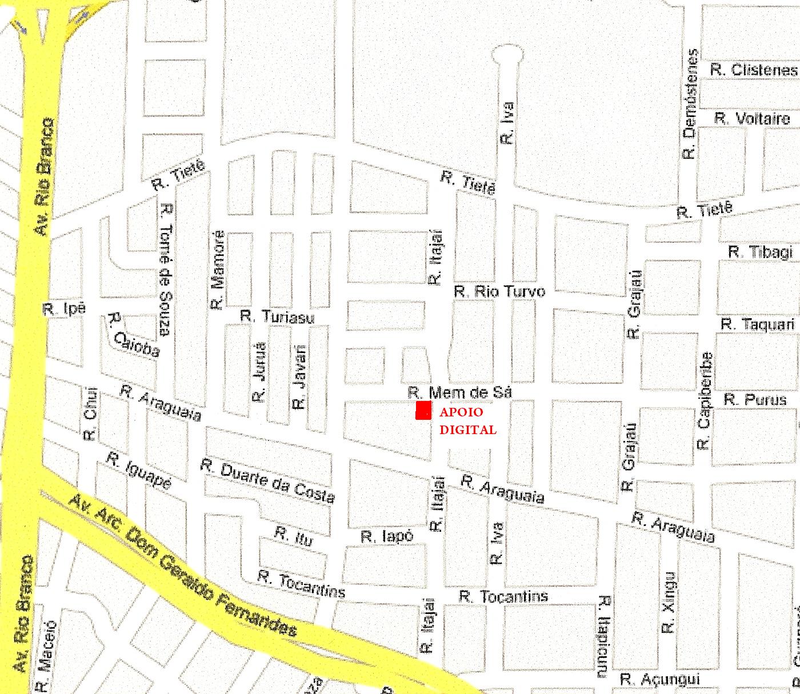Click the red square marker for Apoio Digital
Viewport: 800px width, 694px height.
pos(423,411)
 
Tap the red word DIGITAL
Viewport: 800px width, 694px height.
pos(467,430)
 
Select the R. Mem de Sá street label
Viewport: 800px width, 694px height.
pos(459,392)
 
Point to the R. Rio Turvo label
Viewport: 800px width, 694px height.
pos(499,291)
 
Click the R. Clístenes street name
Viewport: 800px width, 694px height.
pos(753,70)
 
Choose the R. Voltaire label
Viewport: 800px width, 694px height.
pos(752,119)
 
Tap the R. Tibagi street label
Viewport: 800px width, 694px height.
pos(761,252)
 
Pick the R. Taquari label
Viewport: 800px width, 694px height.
pos(757,324)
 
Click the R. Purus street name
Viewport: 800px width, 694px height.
pos(755,399)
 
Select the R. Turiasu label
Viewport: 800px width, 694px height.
pos(277,316)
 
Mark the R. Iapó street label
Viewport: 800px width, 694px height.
pos(387,537)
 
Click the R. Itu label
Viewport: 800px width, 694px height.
pos(293,536)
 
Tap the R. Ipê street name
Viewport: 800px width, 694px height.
pos(65,310)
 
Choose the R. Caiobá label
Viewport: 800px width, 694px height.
pos(134,335)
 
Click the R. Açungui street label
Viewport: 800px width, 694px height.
pos(659,679)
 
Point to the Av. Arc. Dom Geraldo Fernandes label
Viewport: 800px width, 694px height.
pos(183,565)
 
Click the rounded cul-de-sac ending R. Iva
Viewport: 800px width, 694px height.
pos(507,55)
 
